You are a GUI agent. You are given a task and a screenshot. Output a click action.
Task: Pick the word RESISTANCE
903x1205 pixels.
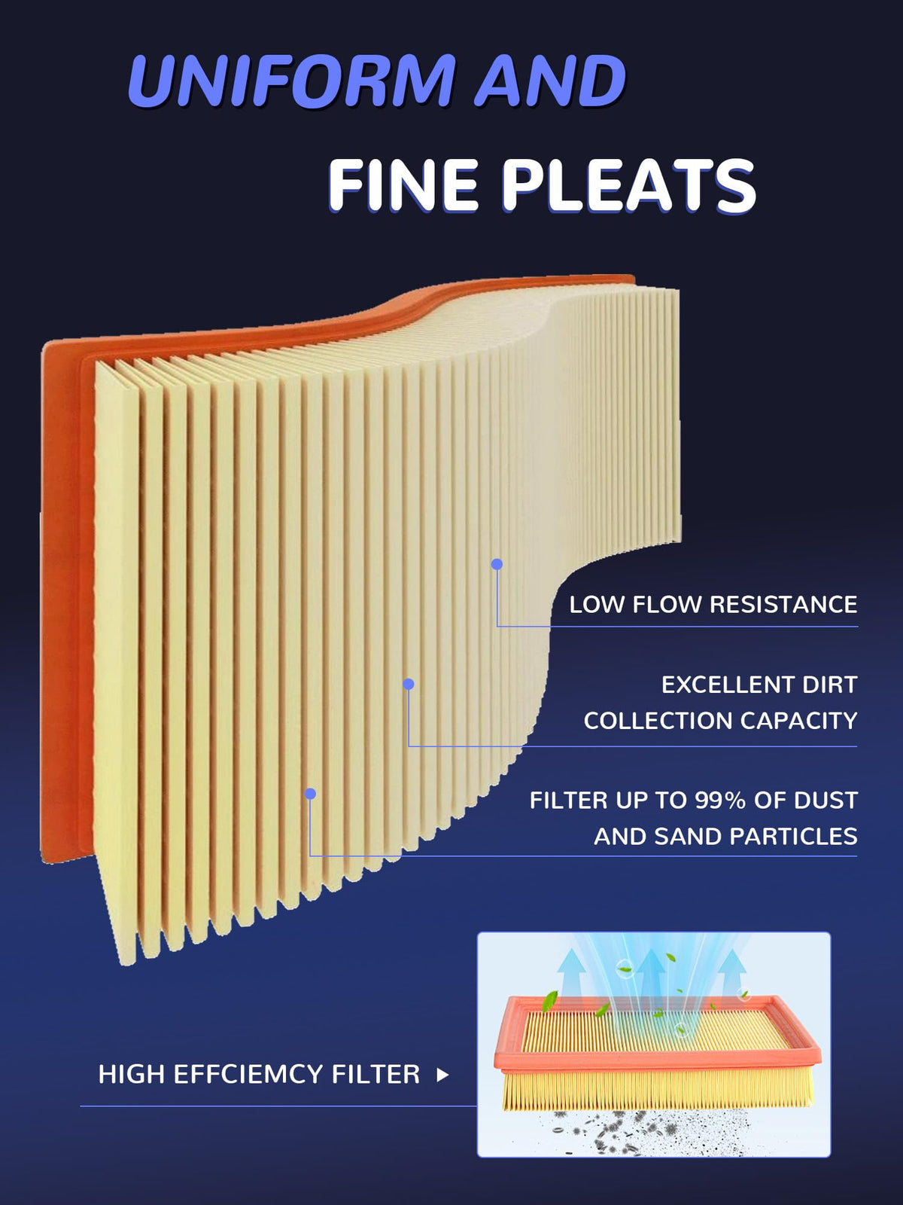coord(783,605)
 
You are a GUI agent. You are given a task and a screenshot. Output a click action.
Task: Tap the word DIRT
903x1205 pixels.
coord(829,685)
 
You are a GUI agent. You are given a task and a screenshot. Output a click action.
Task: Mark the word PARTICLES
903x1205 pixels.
coord(793,837)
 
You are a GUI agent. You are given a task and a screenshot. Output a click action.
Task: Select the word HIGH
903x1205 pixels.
coord(132,1074)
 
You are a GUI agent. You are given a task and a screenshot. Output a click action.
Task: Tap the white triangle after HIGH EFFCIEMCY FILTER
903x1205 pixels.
coord(442,1075)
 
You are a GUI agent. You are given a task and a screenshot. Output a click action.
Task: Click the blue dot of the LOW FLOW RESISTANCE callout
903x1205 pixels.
coord(497,564)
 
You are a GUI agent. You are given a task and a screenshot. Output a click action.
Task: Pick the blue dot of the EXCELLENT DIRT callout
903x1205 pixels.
coord(409,684)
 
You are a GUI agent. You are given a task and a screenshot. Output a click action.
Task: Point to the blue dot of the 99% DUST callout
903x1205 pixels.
coord(310,794)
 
